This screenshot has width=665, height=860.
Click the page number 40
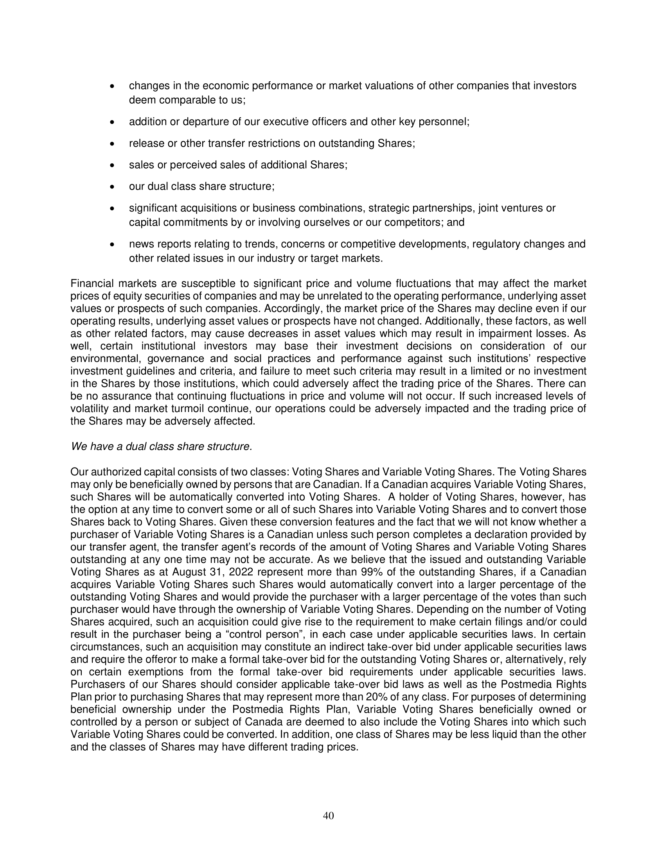pyautogui.click(x=328, y=815)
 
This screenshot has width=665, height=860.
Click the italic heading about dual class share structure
pyautogui.click(x=161, y=446)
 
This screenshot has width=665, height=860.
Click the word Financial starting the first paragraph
pyautogui.click(x=92, y=283)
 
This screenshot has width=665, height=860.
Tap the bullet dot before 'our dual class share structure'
pyautogui.click(x=112, y=187)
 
